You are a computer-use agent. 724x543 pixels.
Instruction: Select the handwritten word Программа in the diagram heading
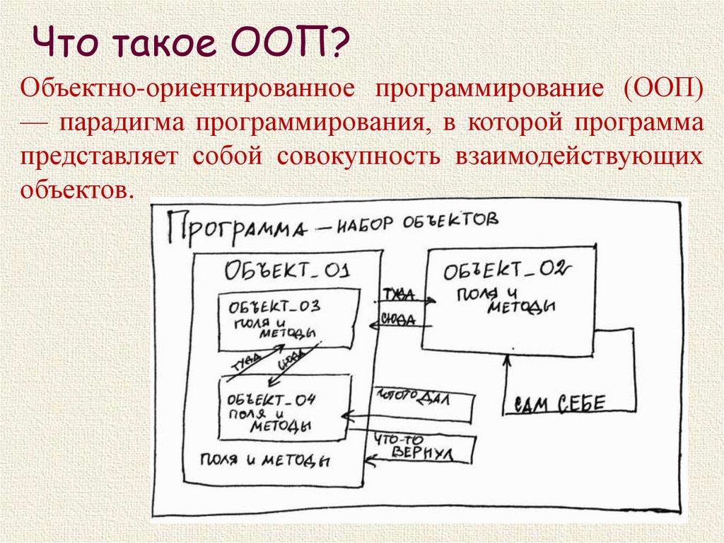pos(240,227)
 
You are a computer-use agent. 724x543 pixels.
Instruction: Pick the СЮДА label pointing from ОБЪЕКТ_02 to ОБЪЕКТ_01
pos(398,318)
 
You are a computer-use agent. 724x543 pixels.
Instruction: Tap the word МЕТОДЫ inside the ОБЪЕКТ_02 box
pos(519,306)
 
